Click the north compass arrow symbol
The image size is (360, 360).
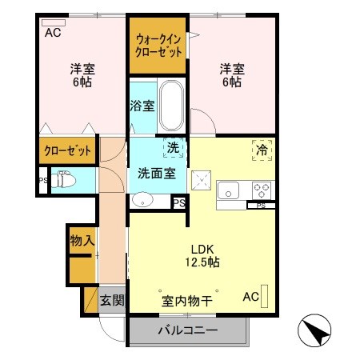(313, 330)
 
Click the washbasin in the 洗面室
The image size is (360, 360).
(142, 200)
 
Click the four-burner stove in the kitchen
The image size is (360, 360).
(262, 190)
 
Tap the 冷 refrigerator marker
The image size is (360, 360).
(262, 148)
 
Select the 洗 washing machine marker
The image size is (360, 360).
(172, 147)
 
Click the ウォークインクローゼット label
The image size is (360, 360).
(158, 45)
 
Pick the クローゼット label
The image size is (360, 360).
(67, 150)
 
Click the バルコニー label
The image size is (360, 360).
(187, 330)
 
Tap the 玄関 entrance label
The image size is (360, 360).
(112, 301)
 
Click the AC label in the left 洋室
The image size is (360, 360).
(53, 33)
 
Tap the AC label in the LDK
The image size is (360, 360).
(250, 297)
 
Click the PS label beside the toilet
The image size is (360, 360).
(42, 181)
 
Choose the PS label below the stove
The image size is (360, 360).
(261, 206)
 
